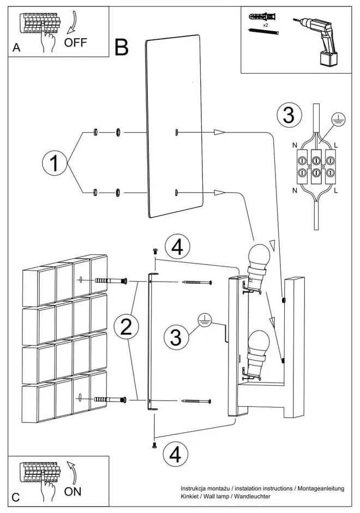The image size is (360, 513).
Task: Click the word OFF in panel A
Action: click(x=75, y=43)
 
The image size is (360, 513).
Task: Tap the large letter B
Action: click(x=122, y=48)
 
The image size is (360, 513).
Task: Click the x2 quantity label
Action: click(x=265, y=25)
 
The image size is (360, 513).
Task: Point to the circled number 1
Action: click(x=54, y=163)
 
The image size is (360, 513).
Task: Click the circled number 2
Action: click(x=125, y=327)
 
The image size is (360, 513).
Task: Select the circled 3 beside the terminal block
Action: click(x=289, y=116)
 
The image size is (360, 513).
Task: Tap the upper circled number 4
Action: click(x=176, y=247)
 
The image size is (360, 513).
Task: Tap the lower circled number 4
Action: click(x=176, y=453)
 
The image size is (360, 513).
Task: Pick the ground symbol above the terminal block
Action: click(x=338, y=119)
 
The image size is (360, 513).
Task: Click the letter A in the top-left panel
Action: click(x=16, y=49)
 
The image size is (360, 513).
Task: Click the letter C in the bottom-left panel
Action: click(x=16, y=497)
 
